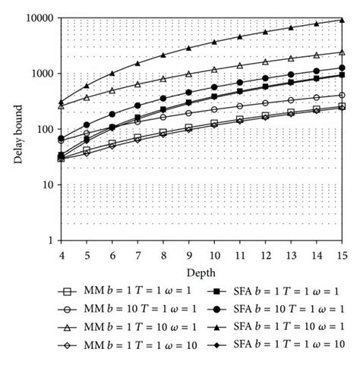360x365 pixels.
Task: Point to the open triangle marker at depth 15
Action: [x=343, y=52]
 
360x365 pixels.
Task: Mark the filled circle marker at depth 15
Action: [x=343, y=68]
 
